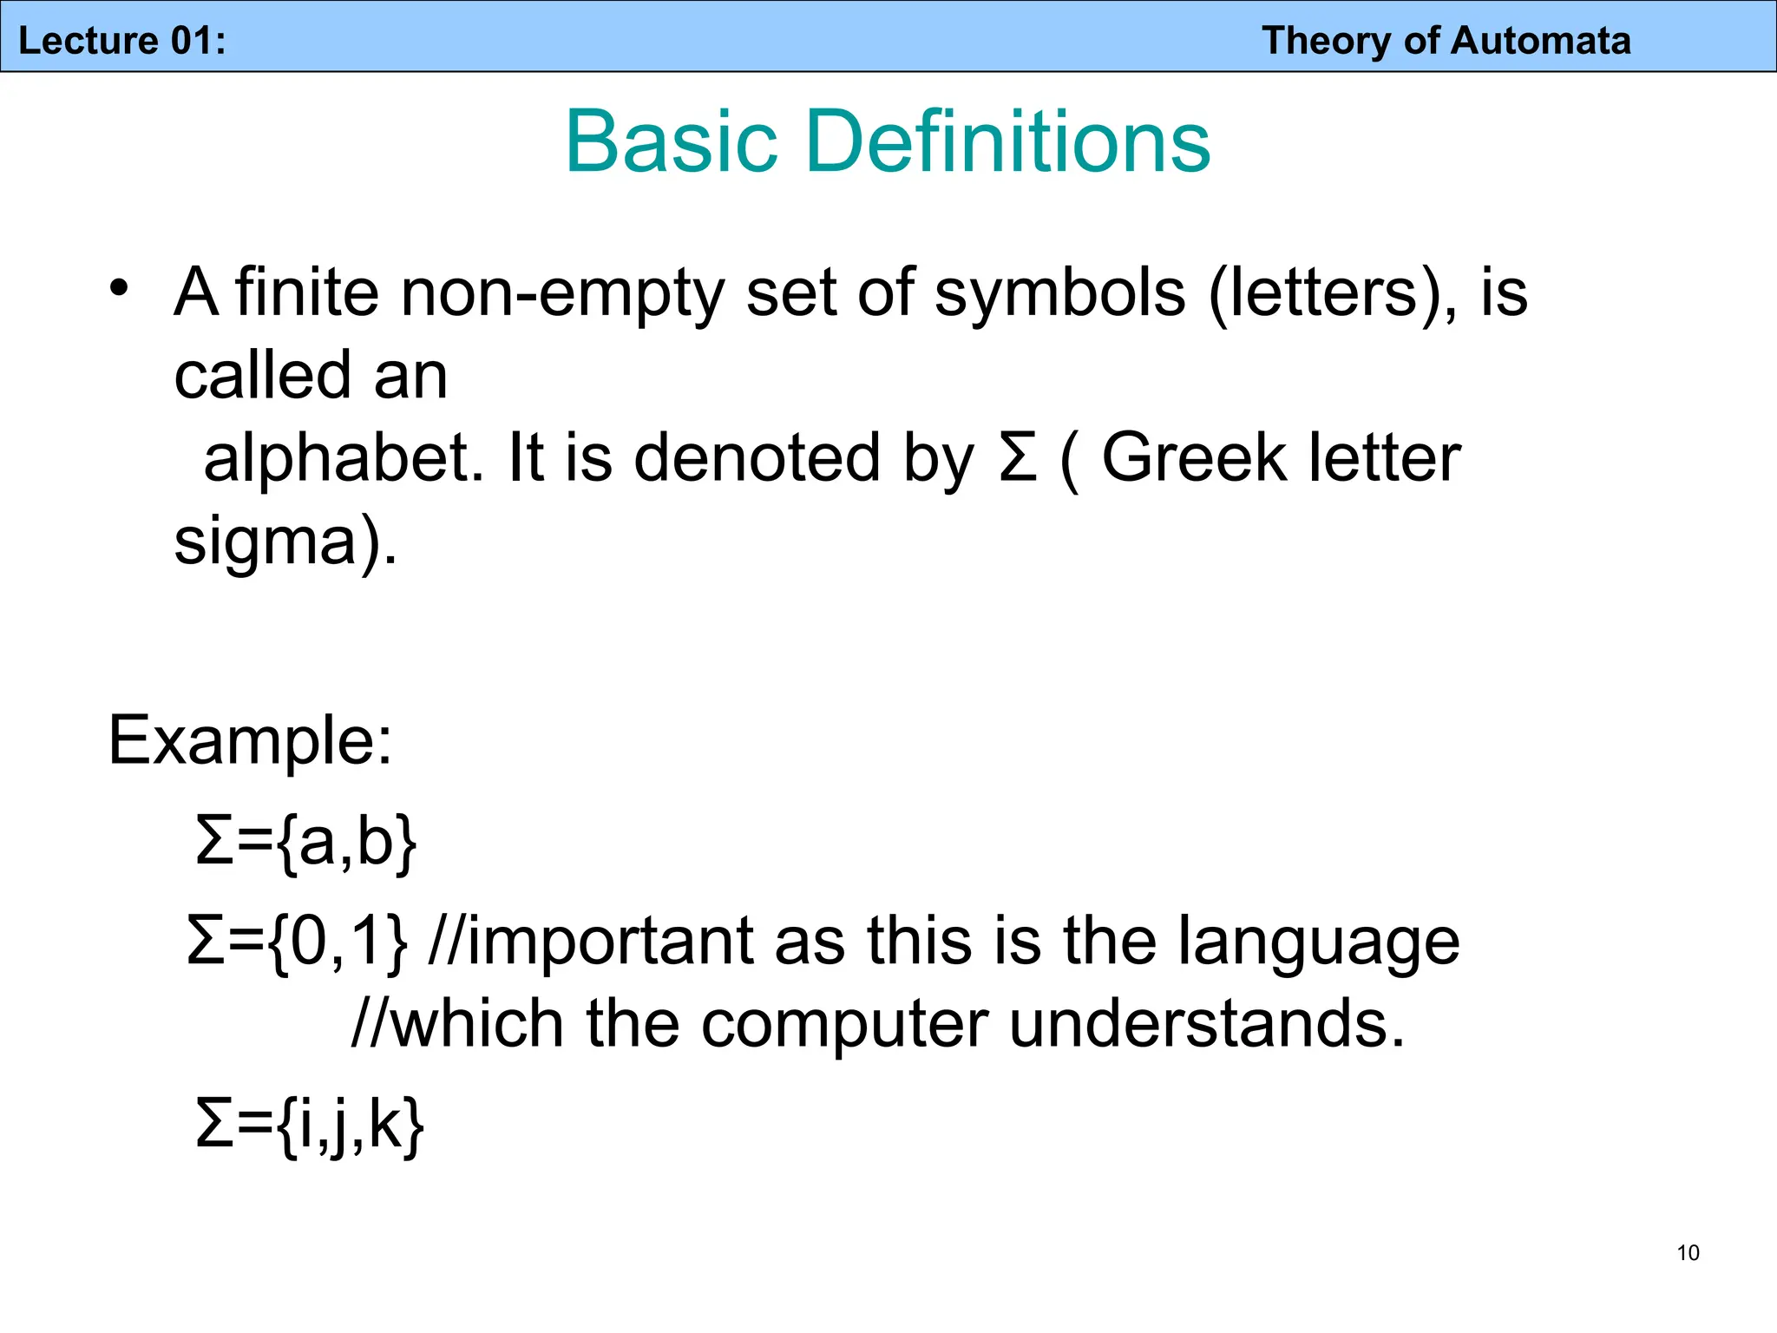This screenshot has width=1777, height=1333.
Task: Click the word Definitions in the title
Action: [x=1007, y=141]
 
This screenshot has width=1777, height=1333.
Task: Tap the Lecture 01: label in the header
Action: [x=122, y=41]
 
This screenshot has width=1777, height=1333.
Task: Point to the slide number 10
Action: [x=1688, y=1252]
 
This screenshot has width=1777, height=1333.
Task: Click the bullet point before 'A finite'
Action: [x=119, y=287]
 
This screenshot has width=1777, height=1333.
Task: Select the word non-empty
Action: [x=561, y=293]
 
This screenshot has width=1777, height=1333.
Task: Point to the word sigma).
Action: [x=285, y=542]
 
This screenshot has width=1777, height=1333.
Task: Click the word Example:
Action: [x=250, y=741]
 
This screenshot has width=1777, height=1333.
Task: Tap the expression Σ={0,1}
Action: [x=297, y=942]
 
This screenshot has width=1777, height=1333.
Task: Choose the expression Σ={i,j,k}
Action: [x=310, y=1125]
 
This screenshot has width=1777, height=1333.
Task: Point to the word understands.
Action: [x=1206, y=1024]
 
